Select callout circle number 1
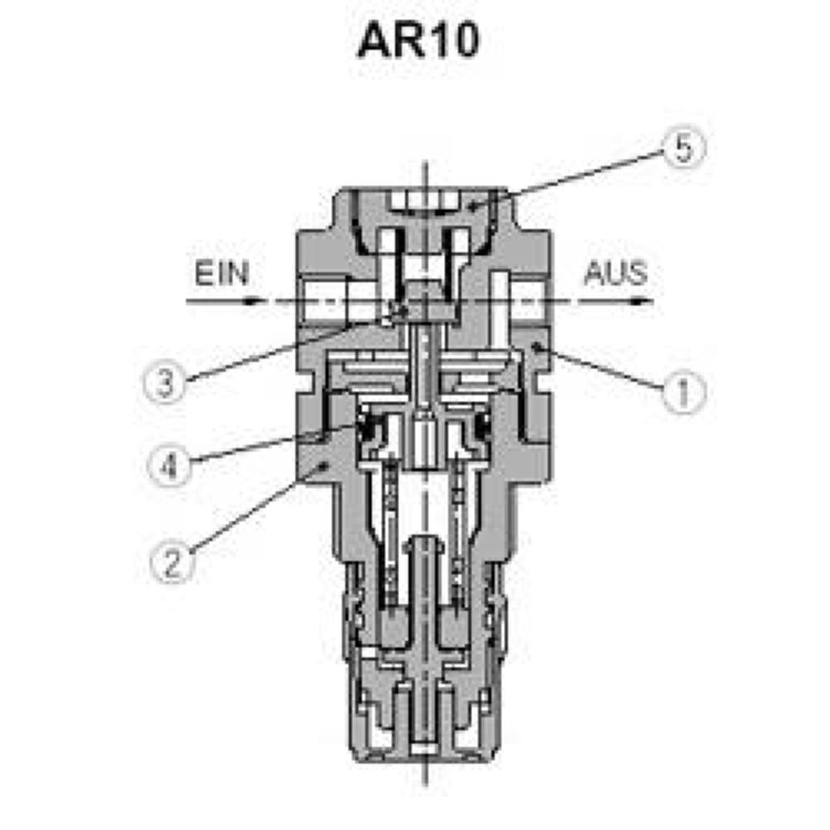(683, 390)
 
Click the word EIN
(222, 274)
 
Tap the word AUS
(615, 274)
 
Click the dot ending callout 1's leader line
(537, 348)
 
